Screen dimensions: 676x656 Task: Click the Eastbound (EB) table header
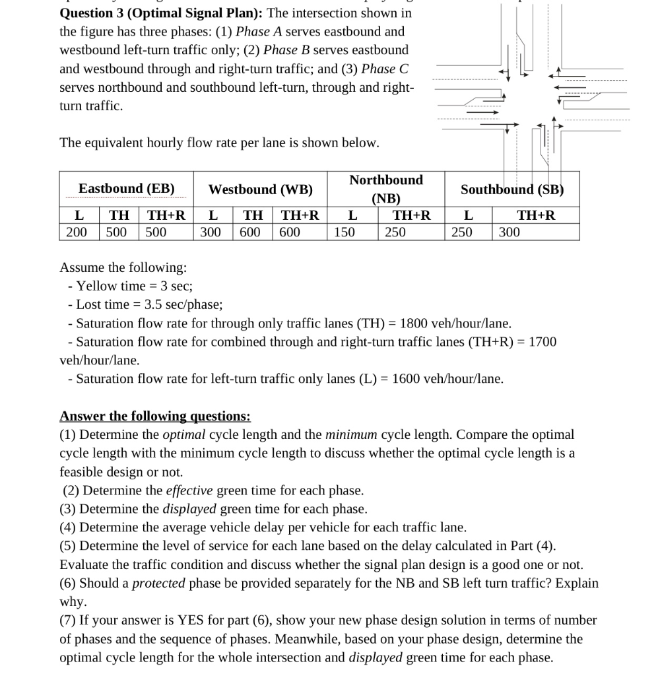126,189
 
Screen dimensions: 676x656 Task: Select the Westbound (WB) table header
260,189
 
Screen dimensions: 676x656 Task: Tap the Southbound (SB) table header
512,189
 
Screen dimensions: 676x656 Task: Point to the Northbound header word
386,180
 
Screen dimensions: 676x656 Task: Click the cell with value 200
77,232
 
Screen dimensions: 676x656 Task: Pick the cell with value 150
344,232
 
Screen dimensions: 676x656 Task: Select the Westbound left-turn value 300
211,232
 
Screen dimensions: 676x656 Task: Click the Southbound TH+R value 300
509,232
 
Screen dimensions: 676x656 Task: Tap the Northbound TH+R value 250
395,232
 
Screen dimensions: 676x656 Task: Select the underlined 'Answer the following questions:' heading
155,416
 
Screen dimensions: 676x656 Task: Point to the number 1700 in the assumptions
542,342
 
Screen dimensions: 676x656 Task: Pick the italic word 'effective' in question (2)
189,490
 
